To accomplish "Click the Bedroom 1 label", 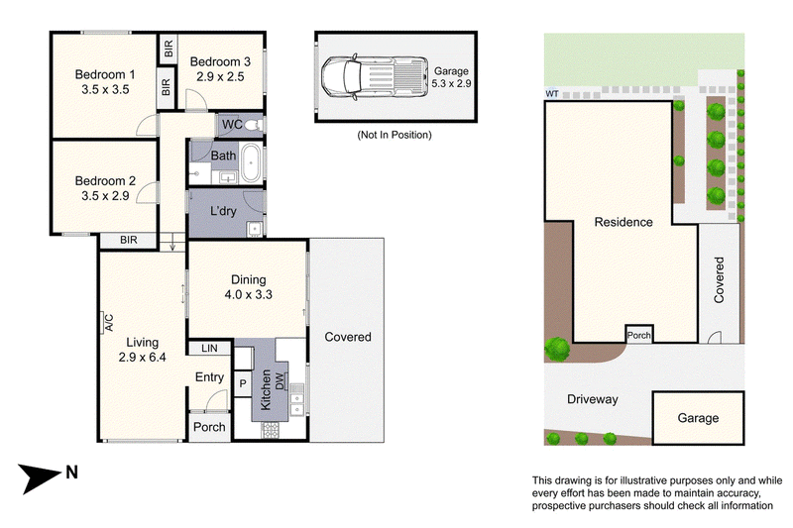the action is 105,74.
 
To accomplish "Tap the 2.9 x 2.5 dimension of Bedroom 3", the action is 220,77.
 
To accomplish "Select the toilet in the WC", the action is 254,124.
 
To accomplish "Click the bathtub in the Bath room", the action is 251,163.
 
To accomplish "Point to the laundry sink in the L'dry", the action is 255,230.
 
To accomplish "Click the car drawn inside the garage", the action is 375,77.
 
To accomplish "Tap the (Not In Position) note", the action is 395,135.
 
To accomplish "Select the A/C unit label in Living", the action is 108,322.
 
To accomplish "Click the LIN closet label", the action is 209,348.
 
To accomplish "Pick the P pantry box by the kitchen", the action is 243,384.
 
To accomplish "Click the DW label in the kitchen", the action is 281,380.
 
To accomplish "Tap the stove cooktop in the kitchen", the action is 270,430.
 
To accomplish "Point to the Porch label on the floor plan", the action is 209,428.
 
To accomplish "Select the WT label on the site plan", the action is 552,94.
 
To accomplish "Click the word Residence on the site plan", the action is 623,222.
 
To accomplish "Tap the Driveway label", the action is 592,399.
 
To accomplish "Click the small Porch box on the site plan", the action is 639,335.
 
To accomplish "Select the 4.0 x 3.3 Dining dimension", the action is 249,294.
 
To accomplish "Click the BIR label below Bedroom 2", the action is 129,240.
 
